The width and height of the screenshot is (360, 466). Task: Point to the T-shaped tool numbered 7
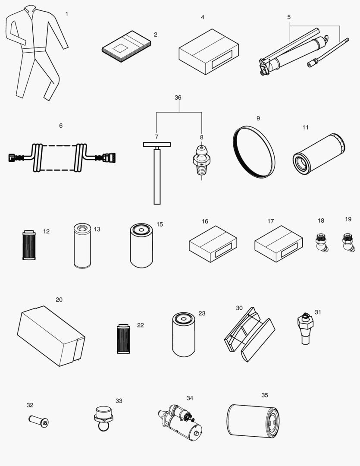pos(157,173)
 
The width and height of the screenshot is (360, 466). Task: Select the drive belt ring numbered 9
pos(254,151)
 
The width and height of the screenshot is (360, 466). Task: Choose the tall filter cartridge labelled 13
pos(82,246)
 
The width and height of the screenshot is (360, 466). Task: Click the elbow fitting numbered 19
pos(347,242)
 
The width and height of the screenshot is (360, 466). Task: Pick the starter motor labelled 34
pos(180,421)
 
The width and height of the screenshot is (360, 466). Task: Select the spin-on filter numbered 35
pos(253,421)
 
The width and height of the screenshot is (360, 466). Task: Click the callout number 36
pos(178,98)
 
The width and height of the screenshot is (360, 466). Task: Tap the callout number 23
pos(202,313)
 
